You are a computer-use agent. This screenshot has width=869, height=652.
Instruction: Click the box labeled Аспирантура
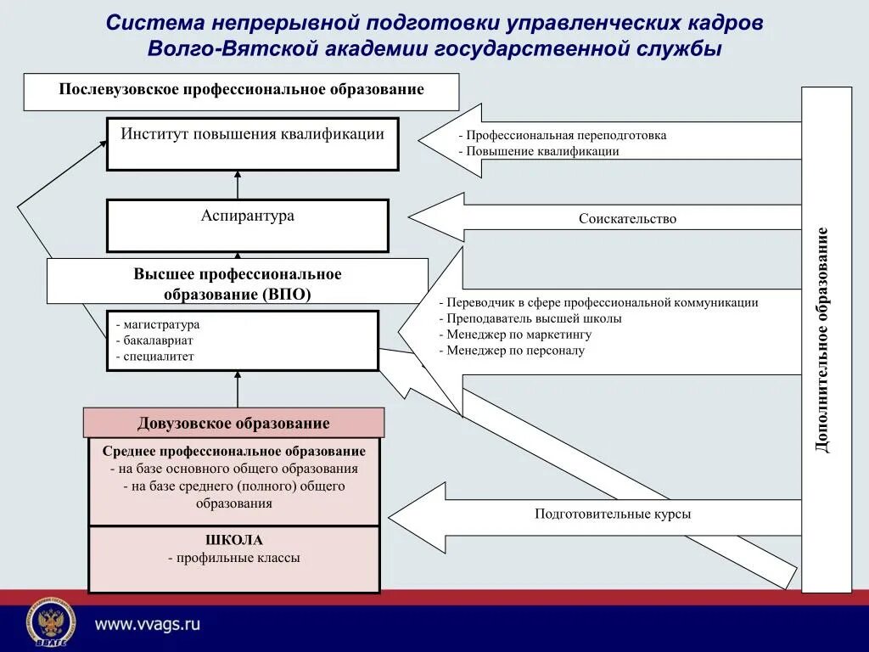[247, 225]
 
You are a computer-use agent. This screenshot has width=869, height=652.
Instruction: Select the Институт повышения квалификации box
[252, 143]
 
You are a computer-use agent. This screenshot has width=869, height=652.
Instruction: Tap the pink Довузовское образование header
[233, 423]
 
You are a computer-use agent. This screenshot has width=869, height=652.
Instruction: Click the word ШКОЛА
[234, 540]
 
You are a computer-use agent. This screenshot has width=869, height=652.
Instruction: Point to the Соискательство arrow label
[627, 219]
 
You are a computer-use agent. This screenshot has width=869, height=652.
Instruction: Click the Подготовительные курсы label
[612, 514]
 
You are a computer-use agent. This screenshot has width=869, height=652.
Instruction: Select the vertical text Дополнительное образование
[822, 340]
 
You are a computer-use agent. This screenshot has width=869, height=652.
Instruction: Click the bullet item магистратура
[161, 324]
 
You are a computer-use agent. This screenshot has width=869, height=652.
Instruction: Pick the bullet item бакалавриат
[158, 340]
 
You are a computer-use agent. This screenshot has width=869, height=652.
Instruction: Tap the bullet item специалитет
[158, 357]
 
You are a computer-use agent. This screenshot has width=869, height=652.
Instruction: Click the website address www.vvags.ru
[147, 624]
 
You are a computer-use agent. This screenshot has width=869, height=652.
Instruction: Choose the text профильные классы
[238, 559]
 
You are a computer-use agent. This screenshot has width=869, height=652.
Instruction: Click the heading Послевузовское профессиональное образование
[241, 90]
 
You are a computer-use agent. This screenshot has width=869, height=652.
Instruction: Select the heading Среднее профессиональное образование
[234, 452]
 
